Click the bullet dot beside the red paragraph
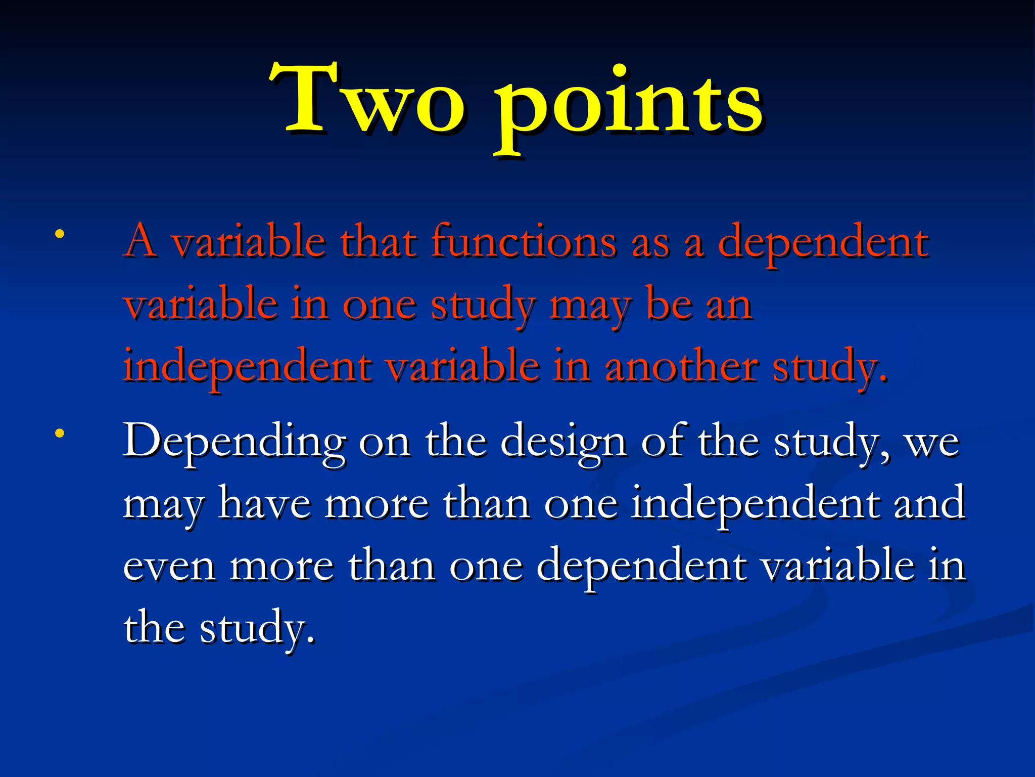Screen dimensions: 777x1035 (60, 234)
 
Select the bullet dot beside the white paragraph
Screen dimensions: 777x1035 (60, 433)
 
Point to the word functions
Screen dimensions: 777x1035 (524, 242)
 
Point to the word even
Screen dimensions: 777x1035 (169, 567)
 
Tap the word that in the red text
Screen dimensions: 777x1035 (379, 242)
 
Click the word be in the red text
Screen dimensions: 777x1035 (670, 305)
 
